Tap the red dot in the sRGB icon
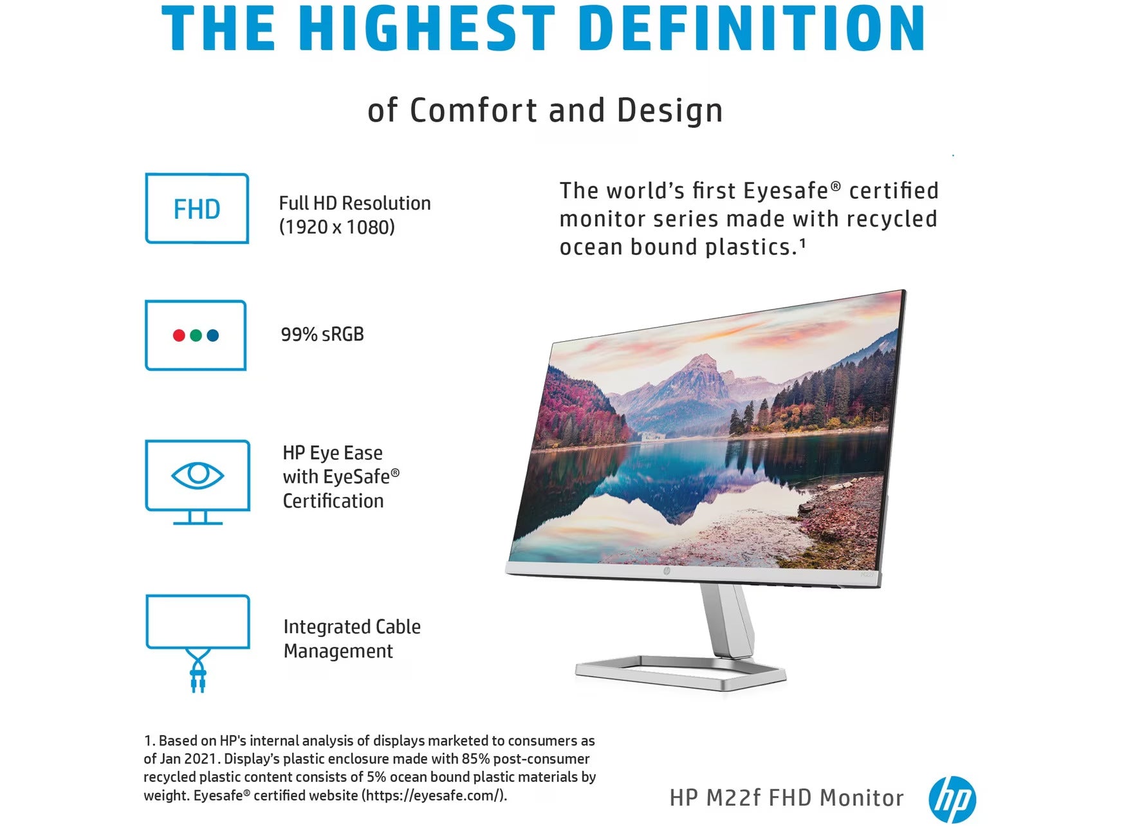tap(179, 335)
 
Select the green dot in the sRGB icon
tap(196, 335)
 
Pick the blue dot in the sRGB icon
tap(213, 335)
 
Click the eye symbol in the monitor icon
tap(198, 476)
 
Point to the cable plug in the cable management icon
tap(198, 680)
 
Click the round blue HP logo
tap(952, 799)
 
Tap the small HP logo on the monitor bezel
tap(667, 571)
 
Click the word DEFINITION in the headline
tap(752, 28)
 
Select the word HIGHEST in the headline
tap(427, 28)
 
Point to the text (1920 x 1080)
tap(337, 227)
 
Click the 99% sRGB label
tap(322, 334)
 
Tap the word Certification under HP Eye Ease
tap(333, 501)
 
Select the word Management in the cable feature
tap(338, 651)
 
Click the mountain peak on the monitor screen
tap(706, 358)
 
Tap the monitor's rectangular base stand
tap(681, 673)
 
